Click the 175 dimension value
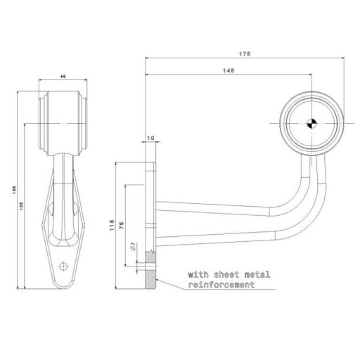tap(244, 53)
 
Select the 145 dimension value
tap(229, 71)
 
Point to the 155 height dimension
tap(15, 188)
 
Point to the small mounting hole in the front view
tap(65, 266)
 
